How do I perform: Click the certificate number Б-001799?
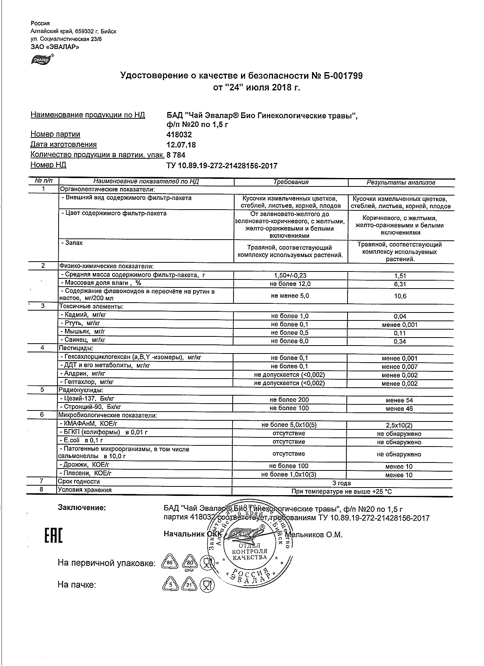click(343, 76)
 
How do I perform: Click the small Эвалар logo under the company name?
click(42, 59)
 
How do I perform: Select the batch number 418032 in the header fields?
click(179, 134)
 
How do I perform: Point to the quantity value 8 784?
click(176, 155)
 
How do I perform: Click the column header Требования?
click(291, 182)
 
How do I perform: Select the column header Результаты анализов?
click(401, 182)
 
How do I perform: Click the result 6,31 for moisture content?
click(400, 284)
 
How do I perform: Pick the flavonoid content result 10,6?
click(400, 296)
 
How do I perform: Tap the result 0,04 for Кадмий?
click(400, 316)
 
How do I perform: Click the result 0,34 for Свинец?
click(400, 341)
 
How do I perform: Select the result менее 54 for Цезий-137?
click(399, 400)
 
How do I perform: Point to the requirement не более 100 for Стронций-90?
click(289, 408)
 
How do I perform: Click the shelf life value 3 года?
click(341, 483)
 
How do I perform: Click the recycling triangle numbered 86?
click(170, 562)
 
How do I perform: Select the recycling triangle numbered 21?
click(189, 585)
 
